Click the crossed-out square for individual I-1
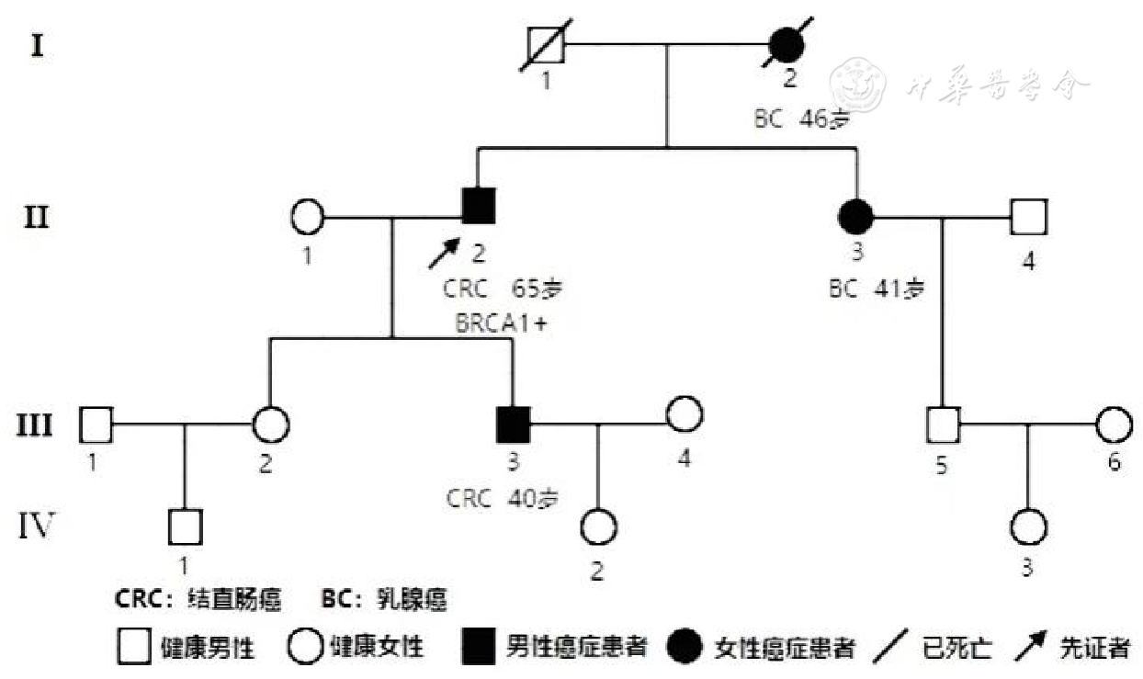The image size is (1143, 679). pos(546,44)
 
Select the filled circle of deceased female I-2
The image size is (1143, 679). pos(787,44)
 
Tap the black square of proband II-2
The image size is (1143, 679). pos(478,206)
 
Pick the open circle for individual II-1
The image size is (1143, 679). pos(308,219)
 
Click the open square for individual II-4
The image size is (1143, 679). pos(1028,219)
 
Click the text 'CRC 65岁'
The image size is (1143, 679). pos(502,288)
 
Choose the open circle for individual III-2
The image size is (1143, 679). pos(271,424)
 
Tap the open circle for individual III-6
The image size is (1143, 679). pos(1114,424)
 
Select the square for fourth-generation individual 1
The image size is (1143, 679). pos(186,526)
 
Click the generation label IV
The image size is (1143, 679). pos(37,526)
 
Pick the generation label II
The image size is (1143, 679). pos(37,221)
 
